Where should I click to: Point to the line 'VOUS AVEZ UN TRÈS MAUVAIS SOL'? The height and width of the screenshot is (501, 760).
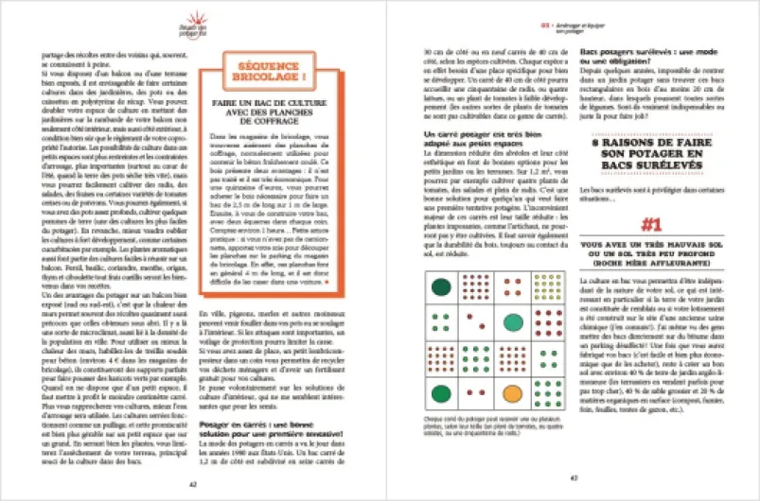(648, 270)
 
